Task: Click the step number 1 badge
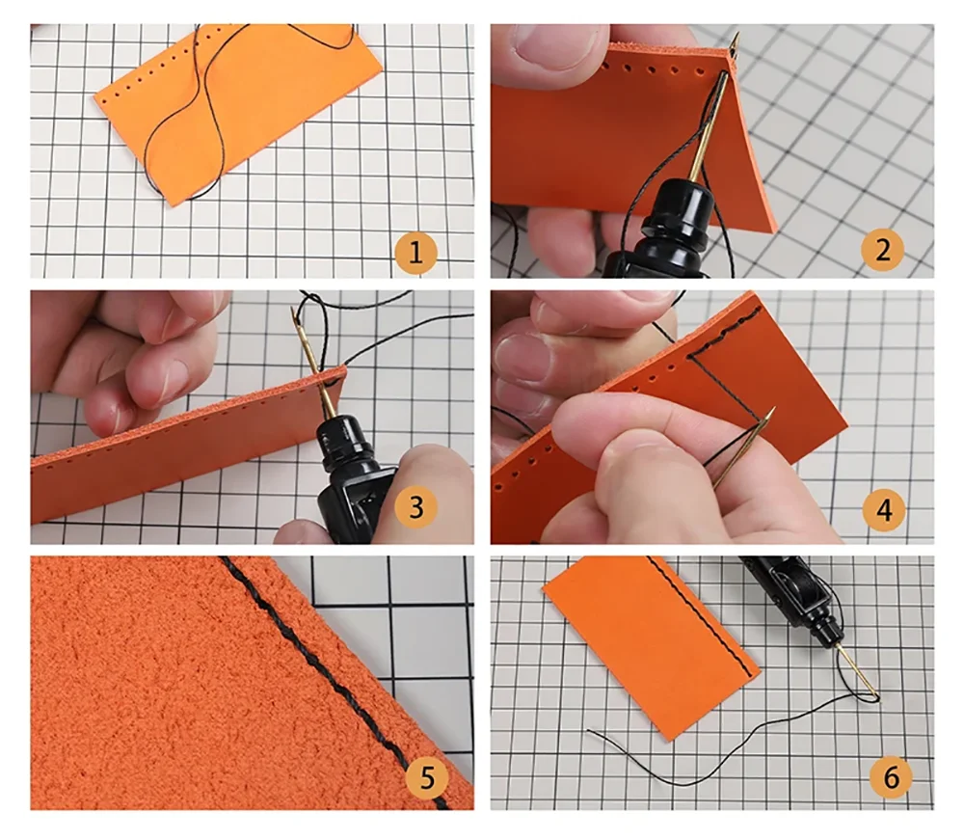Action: (415, 252)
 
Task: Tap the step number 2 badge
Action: (883, 249)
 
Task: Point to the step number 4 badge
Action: (884, 509)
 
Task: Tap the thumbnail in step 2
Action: (544, 44)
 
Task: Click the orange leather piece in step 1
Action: (240, 111)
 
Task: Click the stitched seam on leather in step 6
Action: (701, 618)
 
